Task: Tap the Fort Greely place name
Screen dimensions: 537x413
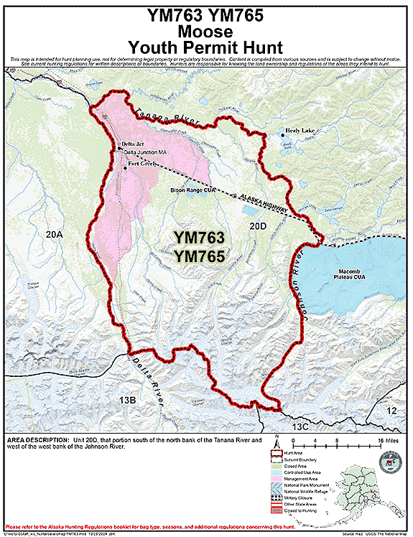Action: [141, 164]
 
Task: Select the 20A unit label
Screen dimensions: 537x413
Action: [54, 235]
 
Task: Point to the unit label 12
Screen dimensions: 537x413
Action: [391, 410]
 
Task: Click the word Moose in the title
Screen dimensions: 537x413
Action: [205, 32]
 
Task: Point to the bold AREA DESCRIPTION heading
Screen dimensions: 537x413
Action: [37, 439]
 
